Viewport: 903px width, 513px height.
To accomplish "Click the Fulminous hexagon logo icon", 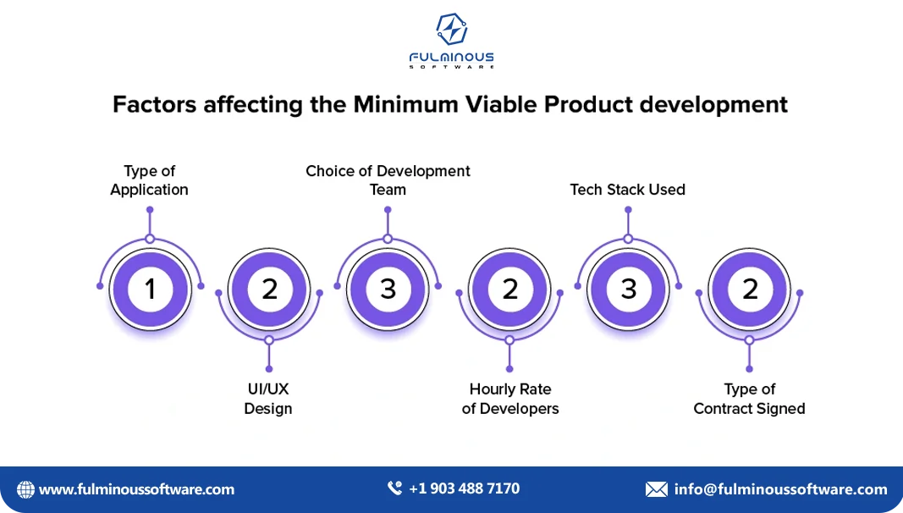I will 451,30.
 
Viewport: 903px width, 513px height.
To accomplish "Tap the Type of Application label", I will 149,180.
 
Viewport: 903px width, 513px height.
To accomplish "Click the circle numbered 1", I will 150,289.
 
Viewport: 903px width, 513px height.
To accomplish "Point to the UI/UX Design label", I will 268,399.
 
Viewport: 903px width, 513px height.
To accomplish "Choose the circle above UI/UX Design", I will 269,289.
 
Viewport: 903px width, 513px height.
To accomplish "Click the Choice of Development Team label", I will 388,180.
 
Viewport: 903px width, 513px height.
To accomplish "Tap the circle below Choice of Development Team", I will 388,289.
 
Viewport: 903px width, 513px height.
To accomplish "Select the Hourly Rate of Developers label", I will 510,399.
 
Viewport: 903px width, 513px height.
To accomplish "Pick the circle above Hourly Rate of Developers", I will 509,289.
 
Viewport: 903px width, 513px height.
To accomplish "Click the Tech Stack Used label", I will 627,190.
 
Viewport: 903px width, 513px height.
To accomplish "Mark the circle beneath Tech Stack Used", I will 628,289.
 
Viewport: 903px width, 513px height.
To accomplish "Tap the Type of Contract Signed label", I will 749,399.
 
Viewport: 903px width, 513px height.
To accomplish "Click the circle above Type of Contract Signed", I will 750,289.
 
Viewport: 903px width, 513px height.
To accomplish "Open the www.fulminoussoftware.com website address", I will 136,489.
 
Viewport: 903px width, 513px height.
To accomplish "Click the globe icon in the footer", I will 26,489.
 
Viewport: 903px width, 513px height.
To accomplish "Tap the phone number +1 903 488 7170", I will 464,488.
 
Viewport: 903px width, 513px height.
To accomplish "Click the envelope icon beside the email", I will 656,489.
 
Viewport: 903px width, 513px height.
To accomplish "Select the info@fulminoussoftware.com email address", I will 780,489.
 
